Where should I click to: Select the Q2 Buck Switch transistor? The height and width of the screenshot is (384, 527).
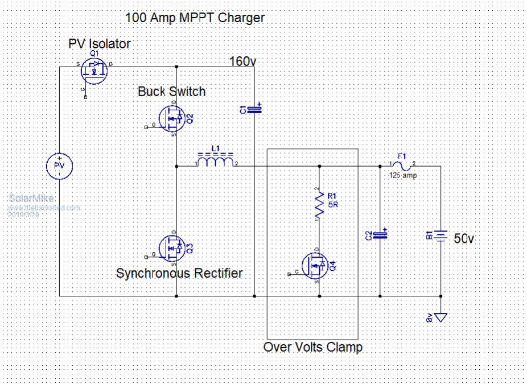coord(172,118)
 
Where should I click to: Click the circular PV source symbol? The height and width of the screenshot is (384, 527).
coord(60,165)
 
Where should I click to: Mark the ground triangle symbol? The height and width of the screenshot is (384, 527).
coord(440,317)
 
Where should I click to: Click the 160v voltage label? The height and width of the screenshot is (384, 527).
coord(242,61)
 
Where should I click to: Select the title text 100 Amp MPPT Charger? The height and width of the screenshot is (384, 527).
coord(195,18)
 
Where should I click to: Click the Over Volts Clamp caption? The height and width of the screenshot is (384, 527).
coord(312,346)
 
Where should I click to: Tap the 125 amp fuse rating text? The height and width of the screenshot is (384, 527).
coord(404,176)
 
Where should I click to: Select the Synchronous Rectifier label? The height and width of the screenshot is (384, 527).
coord(179,274)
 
